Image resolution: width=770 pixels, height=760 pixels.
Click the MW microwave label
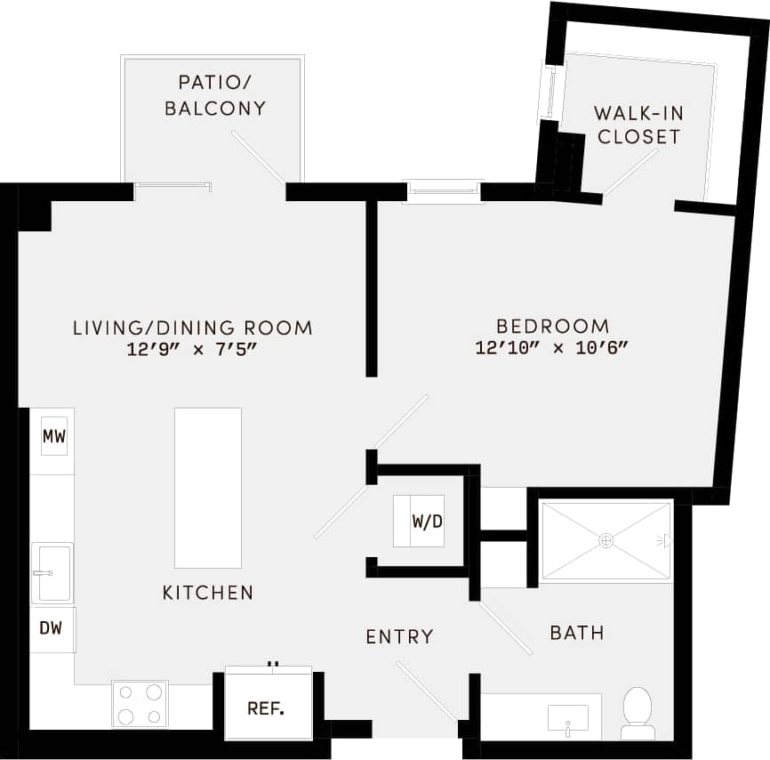click(x=54, y=437)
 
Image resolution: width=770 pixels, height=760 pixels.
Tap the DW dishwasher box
click(x=52, y=628)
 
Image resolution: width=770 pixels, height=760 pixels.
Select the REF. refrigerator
click(x=266, y=708)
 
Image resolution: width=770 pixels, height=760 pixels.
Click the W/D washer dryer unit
click(x=419, y=521)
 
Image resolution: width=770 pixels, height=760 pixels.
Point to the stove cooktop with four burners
click(x=140, y=704)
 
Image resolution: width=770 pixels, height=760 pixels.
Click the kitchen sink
click(x=52, y=572)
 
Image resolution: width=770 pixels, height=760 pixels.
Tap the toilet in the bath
click(x=638, y=712)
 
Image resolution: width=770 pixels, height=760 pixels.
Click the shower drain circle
click(x=606, y=540)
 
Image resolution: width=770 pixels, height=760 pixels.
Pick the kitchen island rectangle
click(x=208, y=487)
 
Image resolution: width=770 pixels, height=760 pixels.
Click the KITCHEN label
click(x=208, y=593)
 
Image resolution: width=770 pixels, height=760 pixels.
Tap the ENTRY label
click(x=400, y=636)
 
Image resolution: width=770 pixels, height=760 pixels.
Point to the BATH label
click(x=577, y=633)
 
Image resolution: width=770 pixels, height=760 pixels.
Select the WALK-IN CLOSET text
click(x=638, y=125)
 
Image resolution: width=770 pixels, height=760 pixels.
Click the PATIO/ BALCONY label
click(x=221, y=95)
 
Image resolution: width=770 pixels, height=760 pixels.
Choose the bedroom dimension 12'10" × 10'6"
click(x=552, y=349)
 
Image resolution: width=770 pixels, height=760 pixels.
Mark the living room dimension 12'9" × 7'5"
click(x=192, y=350)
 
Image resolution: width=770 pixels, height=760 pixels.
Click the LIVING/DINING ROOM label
click(x=192, y=327)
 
